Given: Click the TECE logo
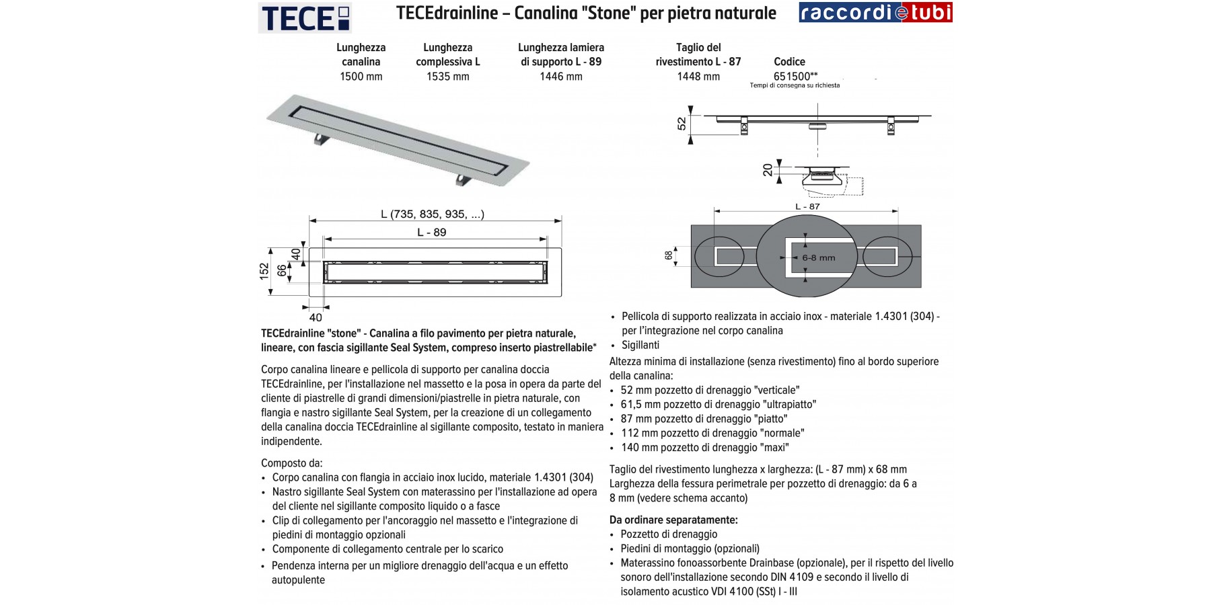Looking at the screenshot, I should pos(305,17).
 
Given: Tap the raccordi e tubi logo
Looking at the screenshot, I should pos(875,13).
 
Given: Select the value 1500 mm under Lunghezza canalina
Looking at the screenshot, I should pos(361,77).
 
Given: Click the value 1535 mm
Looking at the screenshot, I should pos(447,77).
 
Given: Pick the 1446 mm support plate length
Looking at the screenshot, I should pos(560,77).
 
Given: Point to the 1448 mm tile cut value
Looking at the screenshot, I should pos(698,77).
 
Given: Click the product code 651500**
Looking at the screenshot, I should pos(795,76).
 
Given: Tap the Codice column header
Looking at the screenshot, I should pos(789,62).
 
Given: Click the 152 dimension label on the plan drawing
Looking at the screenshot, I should pos(264,270).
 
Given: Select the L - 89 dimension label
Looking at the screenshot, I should pos(431,233).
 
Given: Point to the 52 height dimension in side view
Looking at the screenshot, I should pos(682,123).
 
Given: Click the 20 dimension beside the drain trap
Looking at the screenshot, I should pos(768,169).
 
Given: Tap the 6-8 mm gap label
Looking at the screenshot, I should pos(818,257).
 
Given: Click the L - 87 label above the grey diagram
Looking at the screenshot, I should pos(807,206).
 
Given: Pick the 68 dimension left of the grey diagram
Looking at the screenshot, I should pos(668,255).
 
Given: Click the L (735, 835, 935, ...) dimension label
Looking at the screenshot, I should pos(433,214).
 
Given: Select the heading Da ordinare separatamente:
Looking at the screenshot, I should pos(673,520).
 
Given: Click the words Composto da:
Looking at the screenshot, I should pos(291,463).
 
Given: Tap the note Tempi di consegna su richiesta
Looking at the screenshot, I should pos(795,85).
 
